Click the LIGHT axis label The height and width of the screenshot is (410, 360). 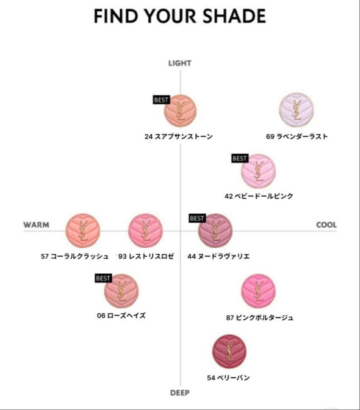pos(180,63)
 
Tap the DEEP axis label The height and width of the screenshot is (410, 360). pos(180,393)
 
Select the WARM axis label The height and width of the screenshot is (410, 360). pos(36,225)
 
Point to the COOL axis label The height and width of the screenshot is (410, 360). pos(326,225)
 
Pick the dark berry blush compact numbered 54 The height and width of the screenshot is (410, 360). pos(229,351)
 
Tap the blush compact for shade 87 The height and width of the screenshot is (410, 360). pos(259,291)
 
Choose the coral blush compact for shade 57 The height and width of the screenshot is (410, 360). pos(83,230)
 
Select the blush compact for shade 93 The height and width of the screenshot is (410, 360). pos(146,230)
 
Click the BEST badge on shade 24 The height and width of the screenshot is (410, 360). pos(161,100)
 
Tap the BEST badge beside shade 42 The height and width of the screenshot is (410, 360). pos(239,158)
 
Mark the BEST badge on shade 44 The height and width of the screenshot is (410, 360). pos(197,218)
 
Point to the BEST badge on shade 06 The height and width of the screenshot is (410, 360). pos(103,278)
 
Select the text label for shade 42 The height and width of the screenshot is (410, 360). pos(259,196)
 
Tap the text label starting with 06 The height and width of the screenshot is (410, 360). pos(121,315)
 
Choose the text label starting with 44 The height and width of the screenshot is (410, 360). pos(219,256)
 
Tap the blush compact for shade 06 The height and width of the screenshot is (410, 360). pos(121,291)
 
